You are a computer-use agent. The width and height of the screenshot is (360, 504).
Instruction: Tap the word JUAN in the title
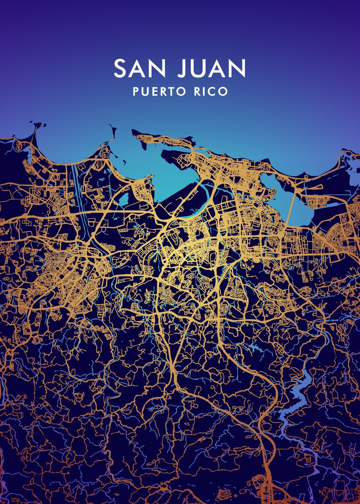point(211,68)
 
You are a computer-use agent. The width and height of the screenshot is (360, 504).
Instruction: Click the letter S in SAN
point(120,68)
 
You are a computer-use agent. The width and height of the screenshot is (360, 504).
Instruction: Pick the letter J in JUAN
point(182,68)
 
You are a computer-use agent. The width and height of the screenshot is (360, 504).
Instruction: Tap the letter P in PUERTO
point(136,92)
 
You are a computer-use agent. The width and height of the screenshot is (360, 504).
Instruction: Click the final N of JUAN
point(238,68)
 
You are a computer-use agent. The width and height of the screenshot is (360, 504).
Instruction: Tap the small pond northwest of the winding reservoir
point(255,347)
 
